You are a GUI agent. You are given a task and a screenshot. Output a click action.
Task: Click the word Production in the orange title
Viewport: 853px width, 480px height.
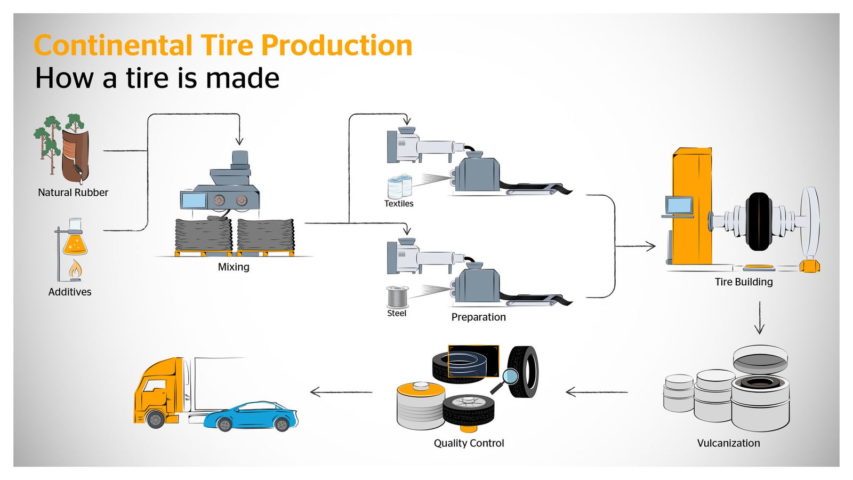tap(336, 45)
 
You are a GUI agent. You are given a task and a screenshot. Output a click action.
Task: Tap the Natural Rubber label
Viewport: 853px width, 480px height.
tap(73, 193)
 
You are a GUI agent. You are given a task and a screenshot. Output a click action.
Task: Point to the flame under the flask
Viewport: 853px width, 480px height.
tap(75, 270)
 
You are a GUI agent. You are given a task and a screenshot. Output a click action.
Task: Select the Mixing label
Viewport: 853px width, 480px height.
tap(234, 267)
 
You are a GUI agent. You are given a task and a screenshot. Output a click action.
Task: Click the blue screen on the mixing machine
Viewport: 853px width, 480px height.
tap(194, 201)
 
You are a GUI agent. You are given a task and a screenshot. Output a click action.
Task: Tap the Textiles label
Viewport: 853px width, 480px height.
tap(399, 204)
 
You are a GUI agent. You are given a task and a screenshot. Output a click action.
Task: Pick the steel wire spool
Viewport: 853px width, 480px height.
tap(398, 297)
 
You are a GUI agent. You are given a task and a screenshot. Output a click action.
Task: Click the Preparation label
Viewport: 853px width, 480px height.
tap(478, 317)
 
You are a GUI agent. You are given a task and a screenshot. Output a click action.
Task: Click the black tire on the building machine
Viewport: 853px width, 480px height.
tap(759, 221)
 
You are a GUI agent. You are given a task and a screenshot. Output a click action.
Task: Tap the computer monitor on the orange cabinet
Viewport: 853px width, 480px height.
tap(679, 205)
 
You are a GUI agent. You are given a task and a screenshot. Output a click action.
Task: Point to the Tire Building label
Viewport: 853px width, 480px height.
tap(743, 282)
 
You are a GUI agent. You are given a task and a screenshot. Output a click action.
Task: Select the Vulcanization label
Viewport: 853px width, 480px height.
tap(728, 443)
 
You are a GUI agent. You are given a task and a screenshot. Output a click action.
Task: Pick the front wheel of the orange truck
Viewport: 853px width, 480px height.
tap(155, 419)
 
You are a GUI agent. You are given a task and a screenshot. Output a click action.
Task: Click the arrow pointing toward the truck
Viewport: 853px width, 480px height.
tap(341, 393)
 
